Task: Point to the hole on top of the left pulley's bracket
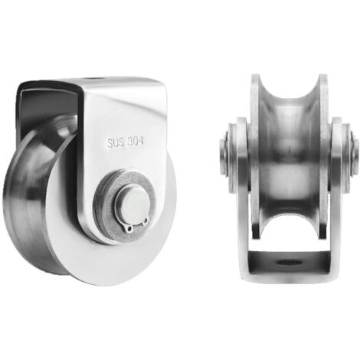coord(93,78)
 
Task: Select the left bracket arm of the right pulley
coord(242,191)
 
